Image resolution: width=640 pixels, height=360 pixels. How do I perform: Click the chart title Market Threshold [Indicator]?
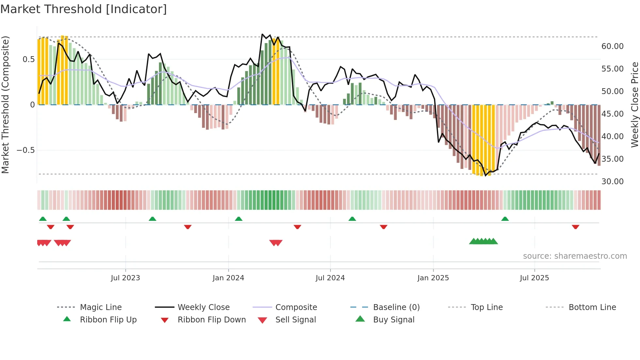[84, 9]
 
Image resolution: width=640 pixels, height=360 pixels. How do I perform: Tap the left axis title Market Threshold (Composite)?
[5, 105]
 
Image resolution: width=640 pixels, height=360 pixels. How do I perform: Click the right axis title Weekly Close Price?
[634, 105]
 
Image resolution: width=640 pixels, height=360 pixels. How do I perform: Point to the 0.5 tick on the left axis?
[28, 59]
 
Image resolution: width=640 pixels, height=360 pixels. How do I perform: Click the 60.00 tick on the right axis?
[612, 46]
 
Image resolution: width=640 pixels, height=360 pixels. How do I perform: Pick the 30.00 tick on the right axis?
[612, 182]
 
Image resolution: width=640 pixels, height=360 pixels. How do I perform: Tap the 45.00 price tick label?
[612, 114]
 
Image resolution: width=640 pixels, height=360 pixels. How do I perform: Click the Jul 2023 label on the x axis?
[125, 278]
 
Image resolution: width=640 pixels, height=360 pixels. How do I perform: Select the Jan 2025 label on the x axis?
[433, 278]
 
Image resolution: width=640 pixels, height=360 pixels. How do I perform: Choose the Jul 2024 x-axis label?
[330, 278]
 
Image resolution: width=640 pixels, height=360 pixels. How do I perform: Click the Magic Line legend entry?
[101, 307]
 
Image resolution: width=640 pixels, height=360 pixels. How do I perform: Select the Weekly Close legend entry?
[203, 307]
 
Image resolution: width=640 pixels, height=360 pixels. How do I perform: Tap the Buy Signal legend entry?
[393, 320]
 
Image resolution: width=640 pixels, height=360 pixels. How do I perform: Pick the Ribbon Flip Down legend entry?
[211, 320]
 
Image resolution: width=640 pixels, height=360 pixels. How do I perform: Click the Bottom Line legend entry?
[592, 307]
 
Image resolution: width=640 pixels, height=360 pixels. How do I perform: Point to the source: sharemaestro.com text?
[575, 256]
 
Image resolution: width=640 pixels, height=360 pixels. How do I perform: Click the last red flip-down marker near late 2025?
[575, 227]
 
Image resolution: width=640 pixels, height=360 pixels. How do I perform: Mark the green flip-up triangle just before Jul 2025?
[505, 219]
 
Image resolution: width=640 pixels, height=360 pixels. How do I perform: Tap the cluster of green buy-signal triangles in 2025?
[483, 241]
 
